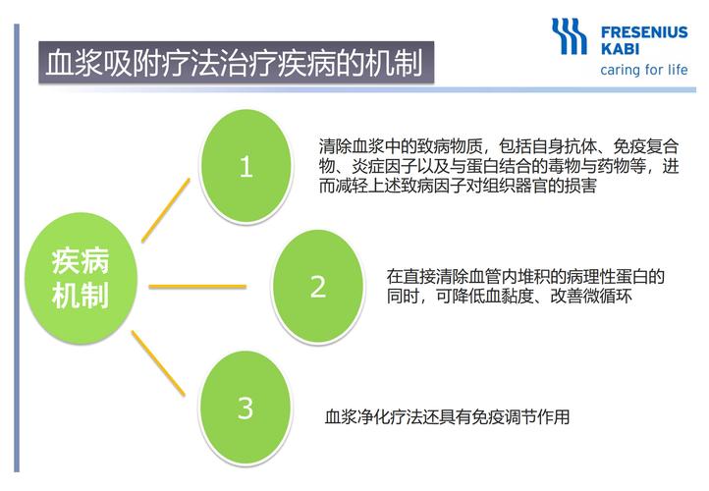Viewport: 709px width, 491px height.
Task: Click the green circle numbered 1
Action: (245, 166)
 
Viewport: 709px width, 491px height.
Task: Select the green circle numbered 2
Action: (318, 287)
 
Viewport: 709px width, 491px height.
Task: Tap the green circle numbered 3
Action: (245, 408)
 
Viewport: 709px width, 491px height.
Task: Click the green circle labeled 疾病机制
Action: (81, 279)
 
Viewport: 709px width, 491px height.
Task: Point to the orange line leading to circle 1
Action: (166, 210)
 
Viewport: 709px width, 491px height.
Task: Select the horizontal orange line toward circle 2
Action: (197, 286)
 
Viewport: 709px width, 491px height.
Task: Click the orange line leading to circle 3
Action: (158, 363)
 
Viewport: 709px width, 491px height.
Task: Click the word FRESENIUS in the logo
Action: (644, 32)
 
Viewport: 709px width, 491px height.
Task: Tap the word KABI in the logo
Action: (620, 48)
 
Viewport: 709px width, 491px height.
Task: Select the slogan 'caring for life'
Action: (644, 70)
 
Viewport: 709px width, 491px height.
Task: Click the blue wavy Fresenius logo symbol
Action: (570, 36)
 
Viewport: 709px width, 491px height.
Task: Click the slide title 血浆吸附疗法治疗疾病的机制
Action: (235, 63)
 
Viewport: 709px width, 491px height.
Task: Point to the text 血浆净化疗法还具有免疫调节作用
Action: (447, 416)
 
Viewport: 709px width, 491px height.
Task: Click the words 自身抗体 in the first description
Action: (565, 146)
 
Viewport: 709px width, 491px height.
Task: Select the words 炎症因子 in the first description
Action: (384, 166)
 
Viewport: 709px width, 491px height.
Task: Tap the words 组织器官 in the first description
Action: (515, 186)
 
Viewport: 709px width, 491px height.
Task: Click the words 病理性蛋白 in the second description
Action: (607, 276)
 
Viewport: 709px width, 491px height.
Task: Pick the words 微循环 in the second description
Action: (607, 296)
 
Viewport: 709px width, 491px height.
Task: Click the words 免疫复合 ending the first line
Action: (646, 146)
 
